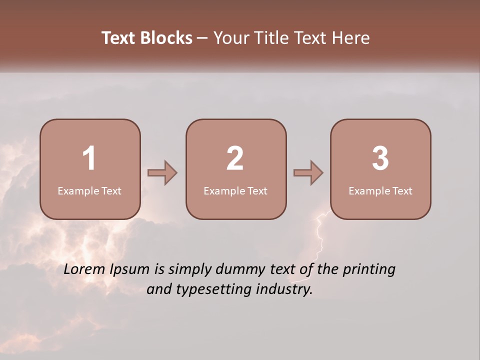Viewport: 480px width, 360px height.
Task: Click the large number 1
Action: [x=89, y=158]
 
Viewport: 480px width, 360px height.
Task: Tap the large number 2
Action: [x=235, y=158]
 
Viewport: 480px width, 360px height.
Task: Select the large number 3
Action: [x=380, y=158]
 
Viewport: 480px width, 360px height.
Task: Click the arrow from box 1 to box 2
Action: [x=162, y=173]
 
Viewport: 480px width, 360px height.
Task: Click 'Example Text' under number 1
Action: [x=89, y=191]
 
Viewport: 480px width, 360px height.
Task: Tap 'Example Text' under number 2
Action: [x=235, y=191]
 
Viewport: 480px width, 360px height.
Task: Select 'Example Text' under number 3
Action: [x=380, y=191]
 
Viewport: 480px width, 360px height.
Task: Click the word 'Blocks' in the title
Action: [x=166, y=38]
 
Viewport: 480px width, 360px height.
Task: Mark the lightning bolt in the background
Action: [x=320, y=235]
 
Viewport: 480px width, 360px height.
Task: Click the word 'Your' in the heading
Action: [x=230, y=38]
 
